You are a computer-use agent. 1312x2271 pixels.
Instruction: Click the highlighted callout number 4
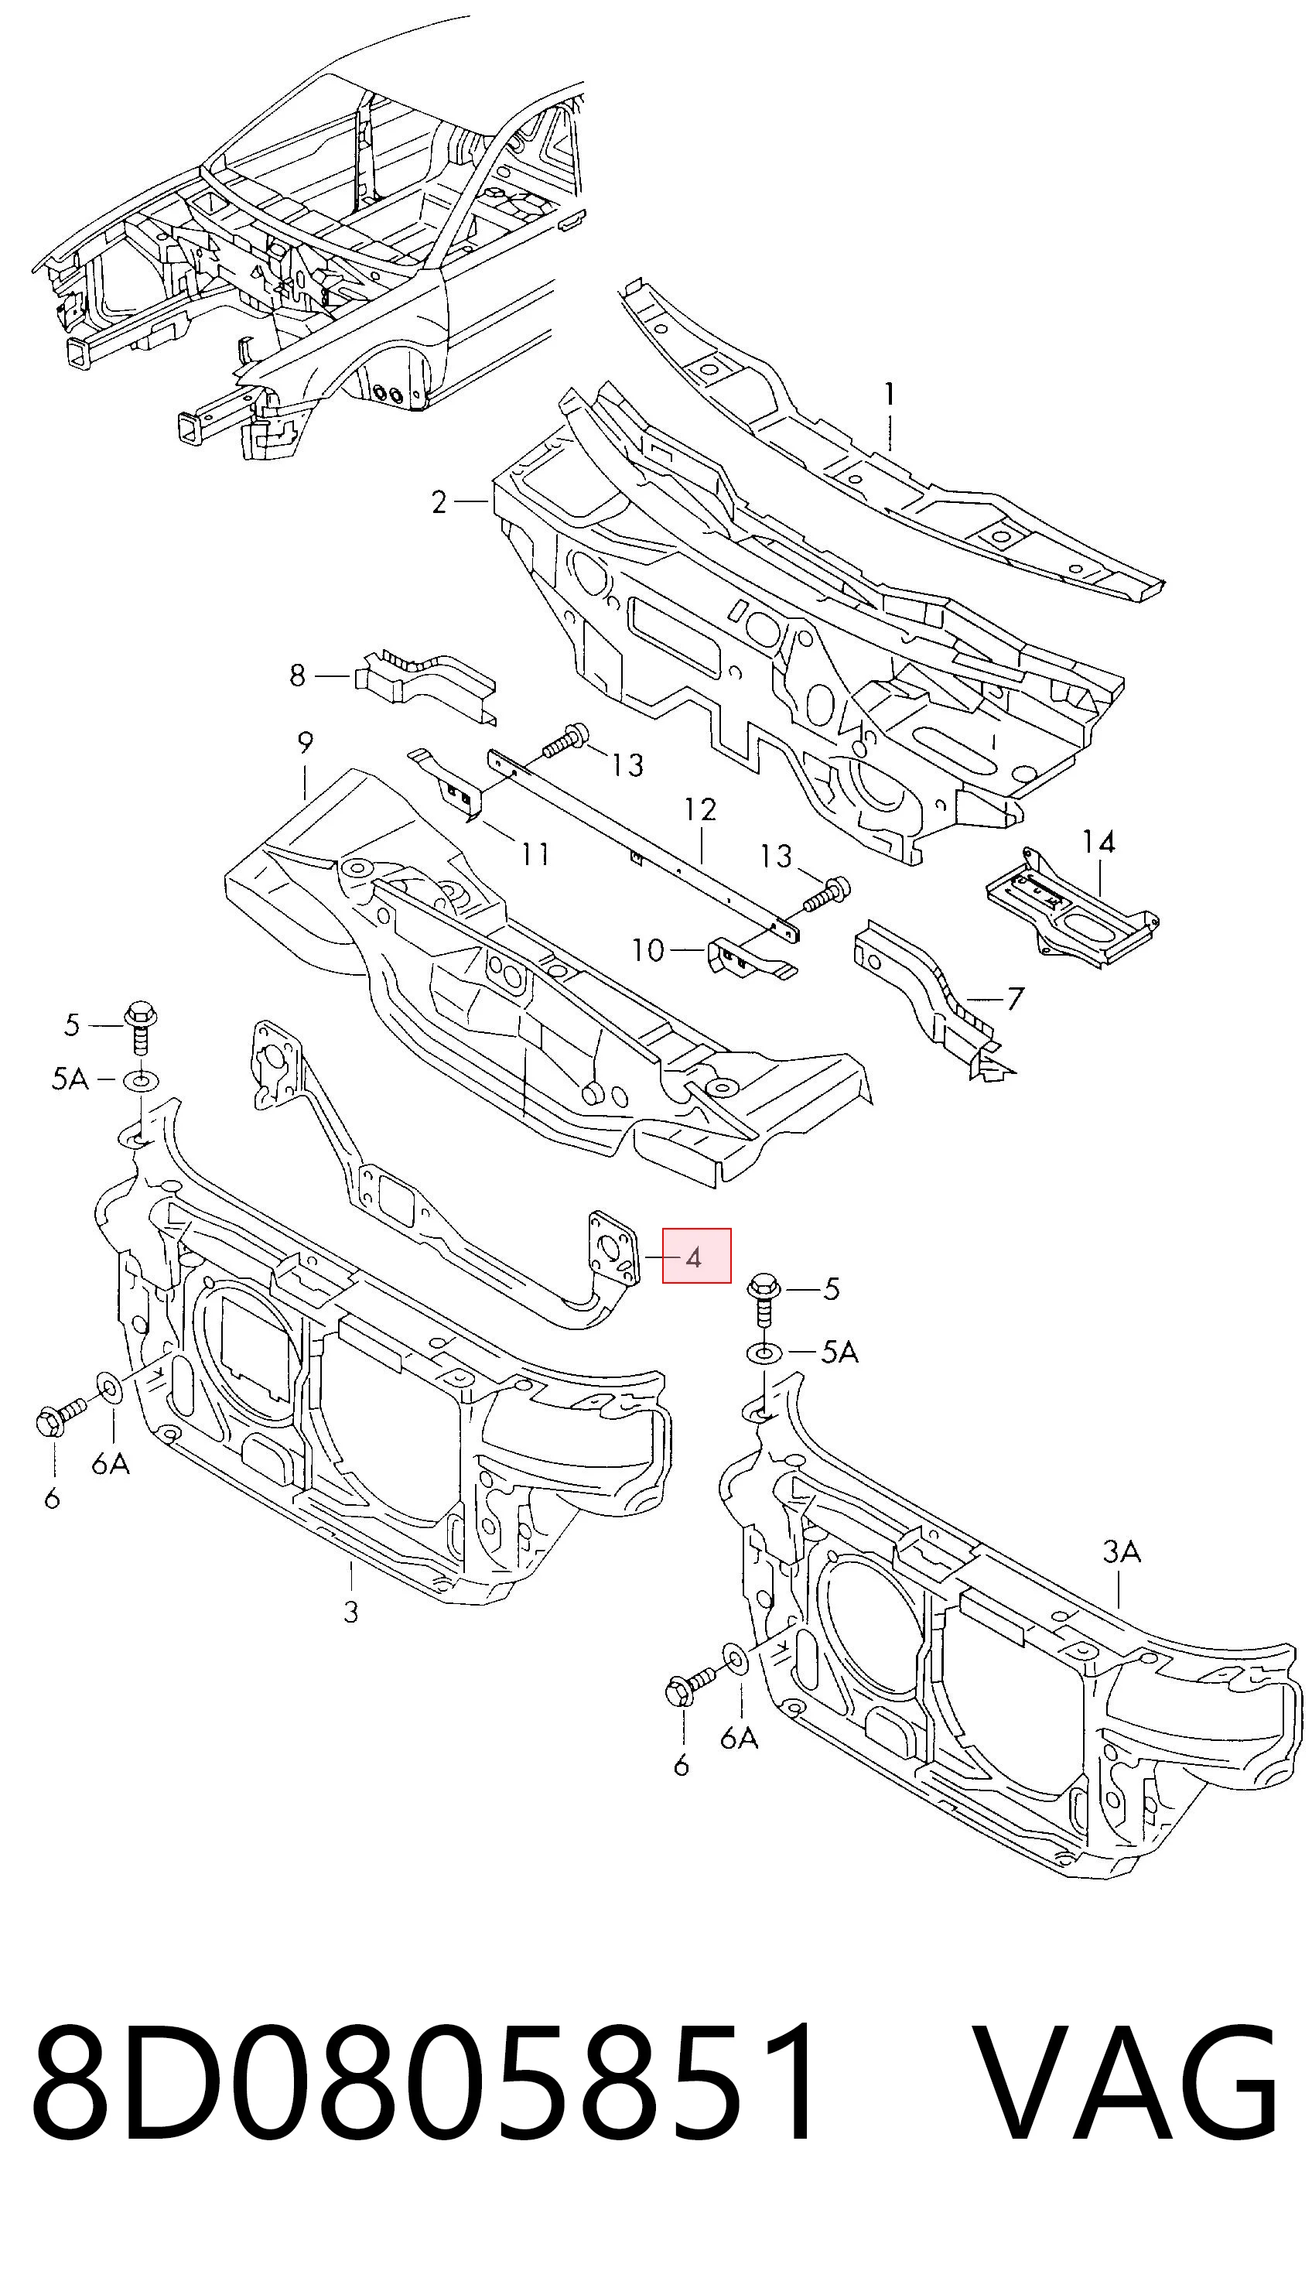click(x=693, y=1257)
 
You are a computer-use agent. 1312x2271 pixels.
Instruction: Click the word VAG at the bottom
click(x=1126, y=2099)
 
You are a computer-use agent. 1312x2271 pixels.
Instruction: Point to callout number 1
click(x=890, y=395)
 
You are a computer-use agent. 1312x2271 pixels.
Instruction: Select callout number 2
click(x=439, y=502)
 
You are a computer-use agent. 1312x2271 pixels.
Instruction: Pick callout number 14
click(x=1098, y=843)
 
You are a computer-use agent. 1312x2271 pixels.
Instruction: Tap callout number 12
click(x=700, y=809)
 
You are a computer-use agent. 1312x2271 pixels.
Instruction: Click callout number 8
click(x=297, y=675)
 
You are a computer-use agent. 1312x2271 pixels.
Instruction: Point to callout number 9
click(x=305, y=744)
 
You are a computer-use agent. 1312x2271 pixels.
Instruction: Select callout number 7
click(x=1015, y=998)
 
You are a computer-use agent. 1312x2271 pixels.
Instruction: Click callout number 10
click(x=648, y=950)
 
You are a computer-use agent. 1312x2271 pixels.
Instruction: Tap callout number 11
click(x=536, y=853)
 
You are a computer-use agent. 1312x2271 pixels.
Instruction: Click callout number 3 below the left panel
click(x=350, y=1636)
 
